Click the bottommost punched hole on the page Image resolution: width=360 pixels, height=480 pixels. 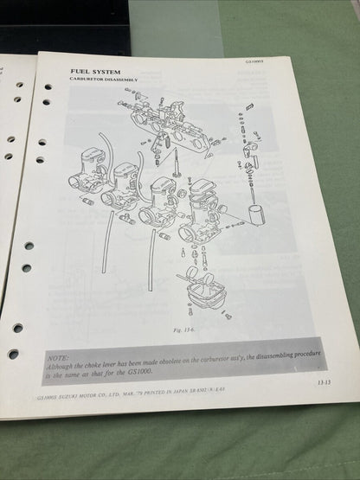13,354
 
